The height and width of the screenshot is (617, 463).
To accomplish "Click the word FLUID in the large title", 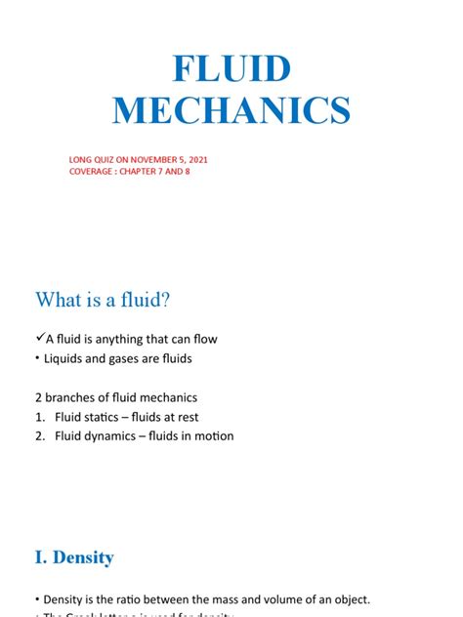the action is click(231, 69).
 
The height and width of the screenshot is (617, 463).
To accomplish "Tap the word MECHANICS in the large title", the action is click(231, 110).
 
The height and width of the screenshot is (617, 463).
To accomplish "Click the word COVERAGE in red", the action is click(94, 172).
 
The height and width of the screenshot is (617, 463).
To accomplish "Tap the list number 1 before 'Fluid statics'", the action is click(40, 417).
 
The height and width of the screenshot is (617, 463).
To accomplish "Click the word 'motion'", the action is click(212, 436).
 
